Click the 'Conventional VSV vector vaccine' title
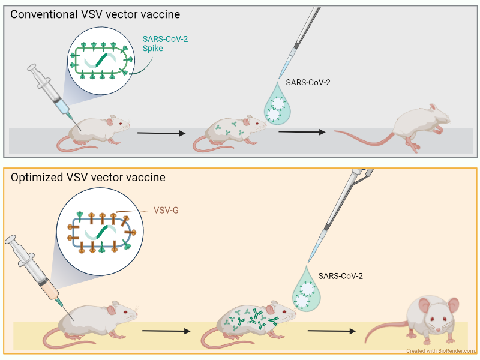point(95,14)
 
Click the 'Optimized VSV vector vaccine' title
point(88,178)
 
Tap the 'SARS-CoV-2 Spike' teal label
point(165,44)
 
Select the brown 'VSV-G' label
point(166,211)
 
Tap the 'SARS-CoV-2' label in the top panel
point(308,83)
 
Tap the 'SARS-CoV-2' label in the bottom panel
point(340,276)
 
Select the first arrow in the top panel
point(161,133)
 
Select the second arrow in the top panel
point(302,132)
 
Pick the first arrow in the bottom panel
point(166,331)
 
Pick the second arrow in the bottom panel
point(332,331)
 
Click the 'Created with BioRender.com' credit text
point(440,351)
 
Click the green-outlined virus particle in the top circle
point(101,61)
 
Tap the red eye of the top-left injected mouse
point(121,124)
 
